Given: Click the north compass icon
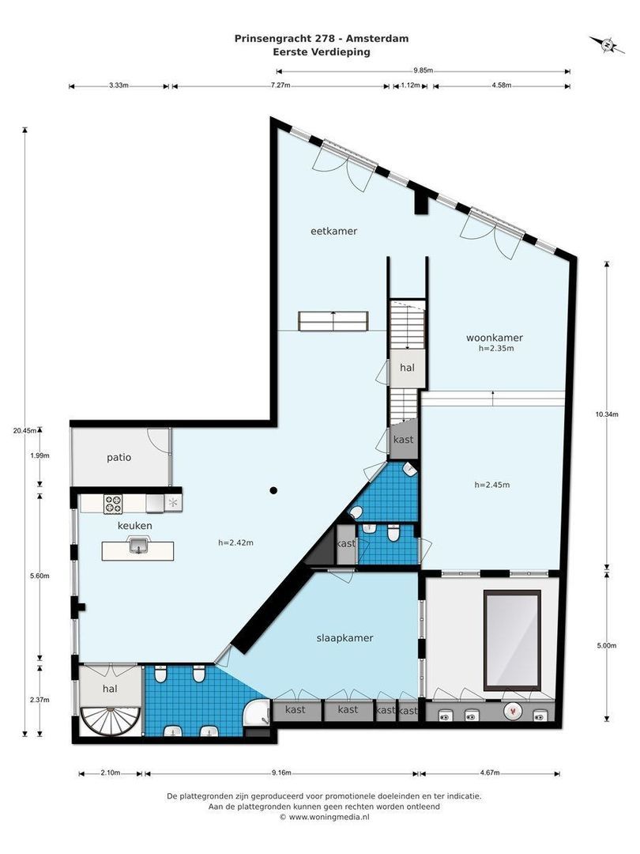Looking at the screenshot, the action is point(607,44).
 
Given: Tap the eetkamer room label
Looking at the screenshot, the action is point(333,231).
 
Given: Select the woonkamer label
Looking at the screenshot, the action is point(494,338).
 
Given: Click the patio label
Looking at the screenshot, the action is point(119,458).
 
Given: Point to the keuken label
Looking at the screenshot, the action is point(135,526).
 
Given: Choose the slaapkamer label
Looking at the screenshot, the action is point(345,638).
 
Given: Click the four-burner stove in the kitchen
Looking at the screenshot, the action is point(113,504).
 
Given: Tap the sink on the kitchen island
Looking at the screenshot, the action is point(138,545).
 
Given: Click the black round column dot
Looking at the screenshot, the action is point(273,490).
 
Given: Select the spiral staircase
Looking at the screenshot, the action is point(111,720).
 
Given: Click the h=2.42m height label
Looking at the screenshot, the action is point(235,542).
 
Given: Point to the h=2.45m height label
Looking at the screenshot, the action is point(492,485).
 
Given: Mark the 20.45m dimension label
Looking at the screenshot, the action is point(25,430).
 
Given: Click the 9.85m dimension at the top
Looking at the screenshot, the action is point(423,70).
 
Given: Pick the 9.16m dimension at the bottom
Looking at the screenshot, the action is point(281,773).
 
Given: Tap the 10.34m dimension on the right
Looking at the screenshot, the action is point(607,414).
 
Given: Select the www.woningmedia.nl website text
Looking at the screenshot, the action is point(329,817).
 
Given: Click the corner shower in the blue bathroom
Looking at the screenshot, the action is point(257,713).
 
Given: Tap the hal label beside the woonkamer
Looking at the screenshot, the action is point(407,368).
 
